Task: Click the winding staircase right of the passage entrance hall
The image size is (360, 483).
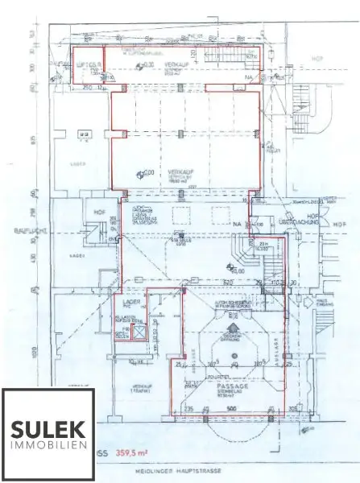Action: coord(242,254)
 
